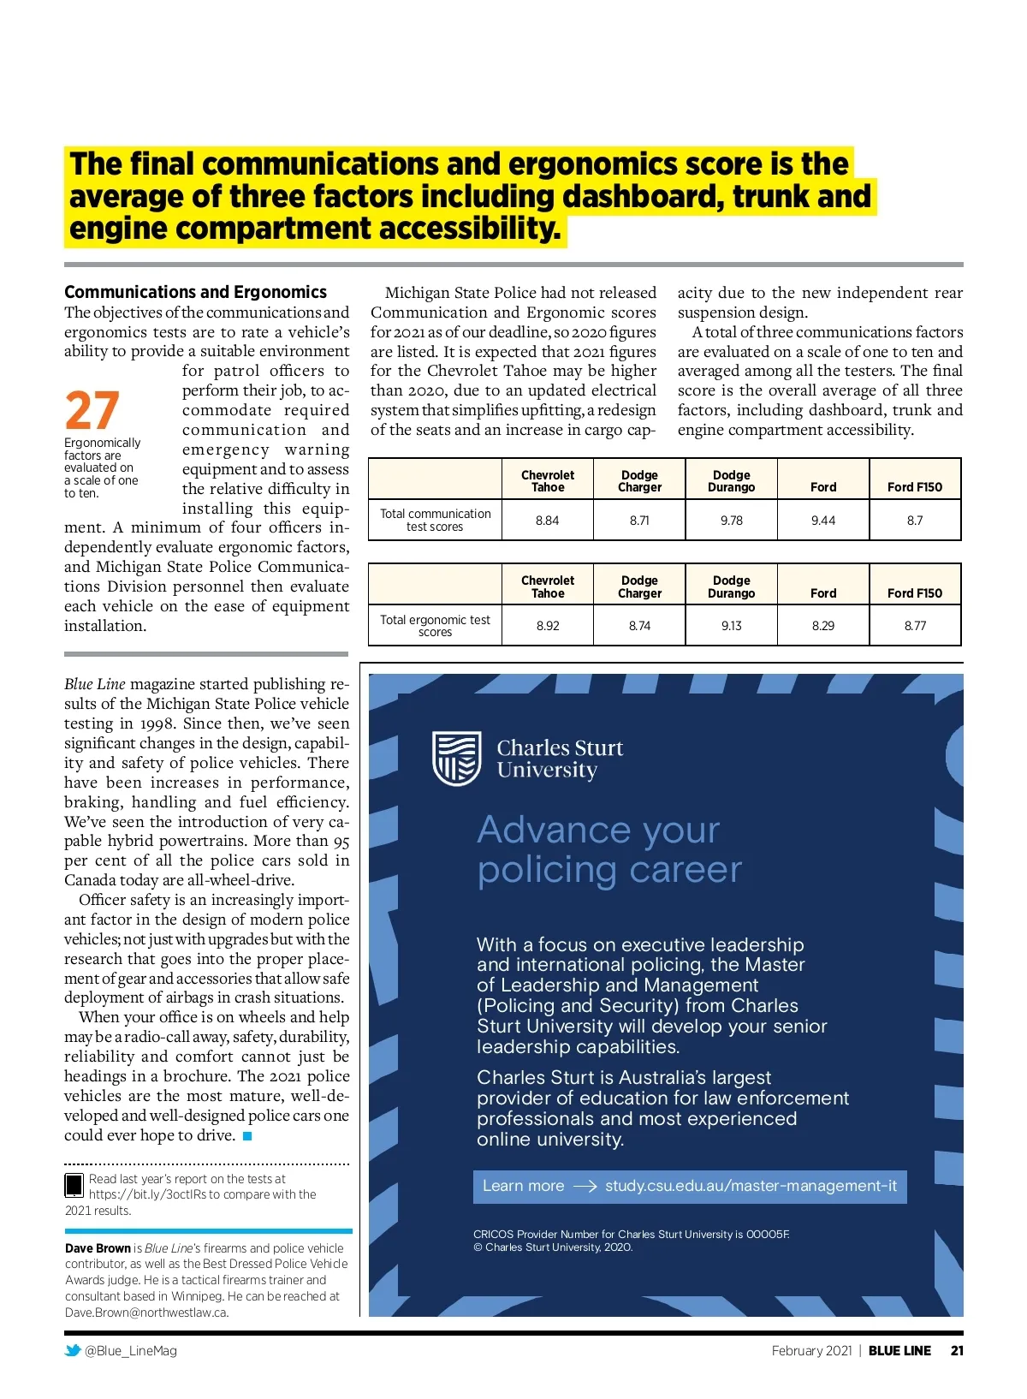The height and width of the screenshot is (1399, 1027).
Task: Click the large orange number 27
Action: coord(92,411)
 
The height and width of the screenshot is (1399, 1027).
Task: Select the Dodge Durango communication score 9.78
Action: coord(731,520)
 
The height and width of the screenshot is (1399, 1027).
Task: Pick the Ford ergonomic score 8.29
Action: coord(822,626)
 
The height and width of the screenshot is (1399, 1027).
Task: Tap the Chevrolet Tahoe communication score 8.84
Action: coord(547,520)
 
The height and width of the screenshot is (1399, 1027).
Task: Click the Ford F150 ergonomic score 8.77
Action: coord(915,626)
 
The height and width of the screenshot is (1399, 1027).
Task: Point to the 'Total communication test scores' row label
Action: coord(435,520)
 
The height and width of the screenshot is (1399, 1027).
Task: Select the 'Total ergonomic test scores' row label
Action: coord(435,626)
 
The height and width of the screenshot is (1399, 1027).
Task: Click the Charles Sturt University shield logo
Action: coord(456,759)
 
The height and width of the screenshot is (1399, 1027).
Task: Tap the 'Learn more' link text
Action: coord(523,1186)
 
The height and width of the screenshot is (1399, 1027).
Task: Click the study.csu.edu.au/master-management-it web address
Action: coord(751,1186)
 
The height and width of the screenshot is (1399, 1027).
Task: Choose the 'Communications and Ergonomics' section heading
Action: coord(195,292)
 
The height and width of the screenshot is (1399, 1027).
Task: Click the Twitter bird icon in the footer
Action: coord(73,1350)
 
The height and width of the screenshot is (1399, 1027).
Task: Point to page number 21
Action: coord(957,1350)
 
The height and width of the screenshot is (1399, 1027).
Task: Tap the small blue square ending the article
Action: coord(247,1136)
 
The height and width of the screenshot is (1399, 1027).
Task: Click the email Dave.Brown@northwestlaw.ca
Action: coord(146,1313)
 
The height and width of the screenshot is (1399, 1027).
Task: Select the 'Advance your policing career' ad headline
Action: coord(608,849)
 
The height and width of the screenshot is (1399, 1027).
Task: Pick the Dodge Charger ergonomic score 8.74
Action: coord(639,626)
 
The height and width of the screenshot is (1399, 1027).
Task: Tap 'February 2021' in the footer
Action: coord(811,1350)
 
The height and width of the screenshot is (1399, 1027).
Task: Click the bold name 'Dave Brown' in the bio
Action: coord(98,1248)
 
